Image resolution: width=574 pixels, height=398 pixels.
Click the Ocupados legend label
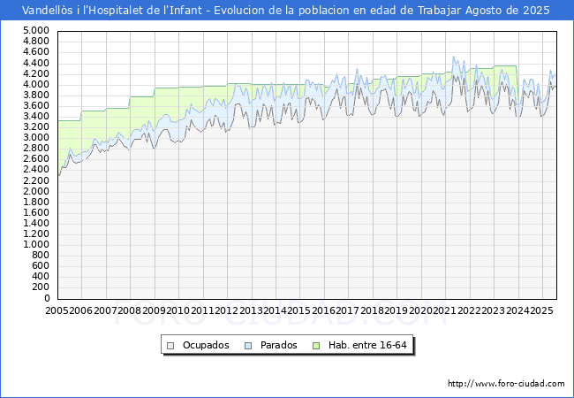206,345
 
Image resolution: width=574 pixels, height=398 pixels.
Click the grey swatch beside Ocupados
170,345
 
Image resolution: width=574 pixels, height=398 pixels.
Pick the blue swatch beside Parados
249,345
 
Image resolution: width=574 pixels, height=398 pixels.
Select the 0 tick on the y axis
45,298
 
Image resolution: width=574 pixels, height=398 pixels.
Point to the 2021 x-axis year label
444,310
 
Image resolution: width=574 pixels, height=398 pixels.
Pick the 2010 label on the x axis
178,310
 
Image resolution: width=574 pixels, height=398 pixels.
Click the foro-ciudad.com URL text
506,384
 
